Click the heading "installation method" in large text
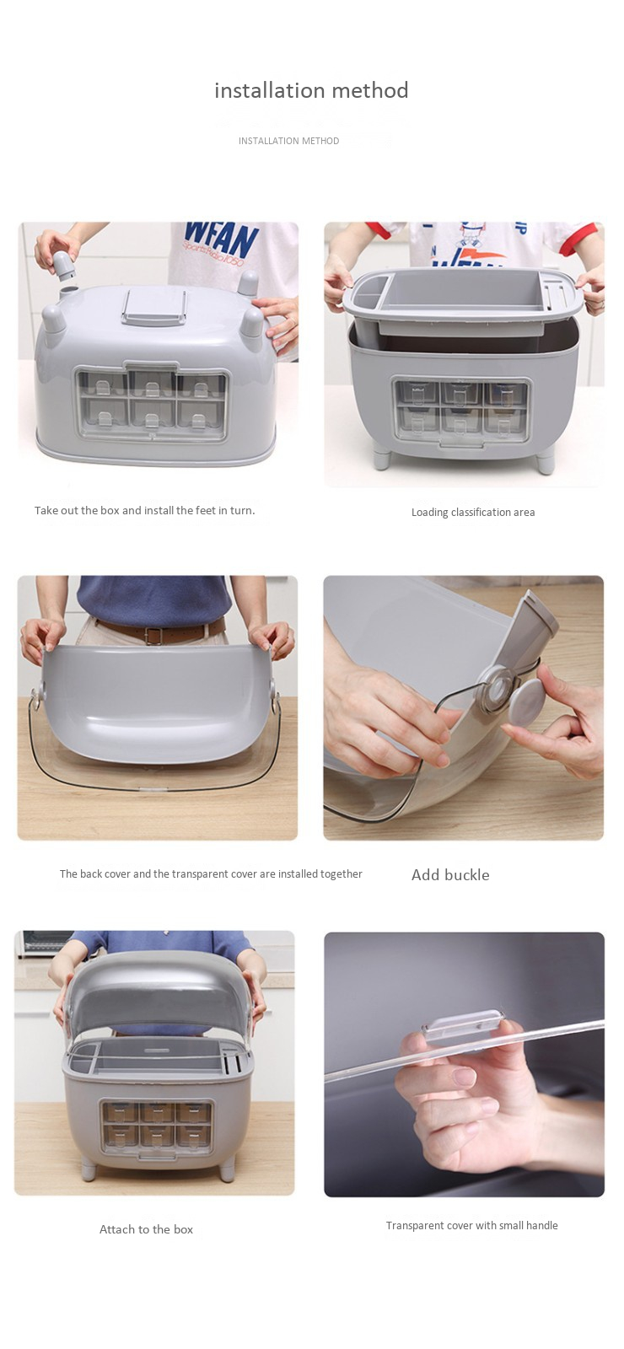(311, 90)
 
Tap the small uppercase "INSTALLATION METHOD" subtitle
(288, 141)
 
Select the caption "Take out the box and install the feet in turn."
(144, 510)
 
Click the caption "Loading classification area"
(473, 513)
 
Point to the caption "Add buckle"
(450, 875)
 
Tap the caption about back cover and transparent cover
(211, 873)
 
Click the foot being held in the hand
(64, 265)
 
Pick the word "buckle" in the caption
(466, 875)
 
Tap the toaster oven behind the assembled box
(43, 943)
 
